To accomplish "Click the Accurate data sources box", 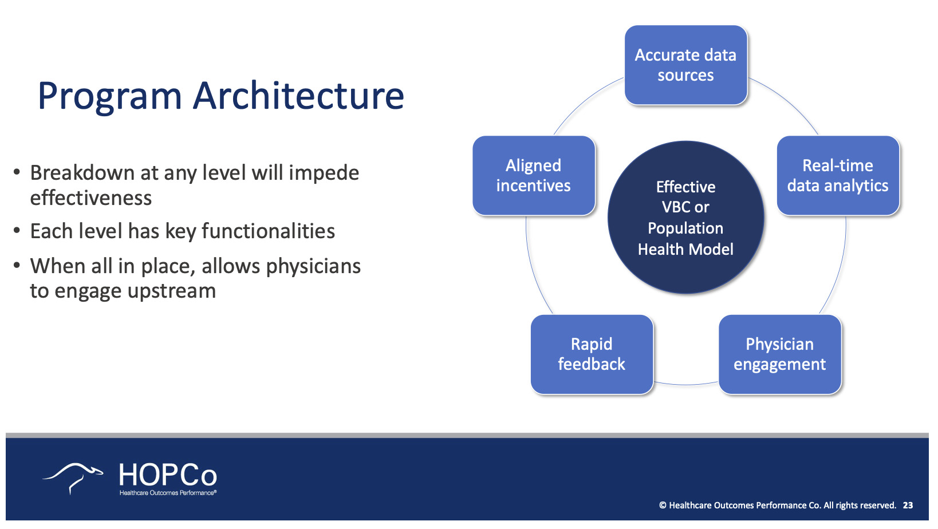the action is [686, 65].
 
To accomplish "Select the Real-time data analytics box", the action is [838, 175].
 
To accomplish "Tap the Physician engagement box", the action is [780, 354].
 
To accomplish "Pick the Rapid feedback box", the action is [592, 354].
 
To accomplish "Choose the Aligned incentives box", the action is [534, 175].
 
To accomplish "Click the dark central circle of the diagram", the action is [686, 217].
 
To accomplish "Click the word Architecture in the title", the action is [298, 96].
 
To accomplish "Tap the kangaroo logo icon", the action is [73, 478].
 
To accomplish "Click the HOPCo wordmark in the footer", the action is [168, 475].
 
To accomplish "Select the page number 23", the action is [908, 505].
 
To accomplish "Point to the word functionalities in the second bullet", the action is [268, 231].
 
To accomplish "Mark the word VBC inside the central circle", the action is [672, 207].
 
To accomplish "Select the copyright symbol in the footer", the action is [663, 505].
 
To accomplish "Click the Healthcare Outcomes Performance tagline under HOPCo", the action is [168, 492].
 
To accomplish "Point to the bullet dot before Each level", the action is [17, 230].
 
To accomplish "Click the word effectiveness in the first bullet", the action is [91, 198].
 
